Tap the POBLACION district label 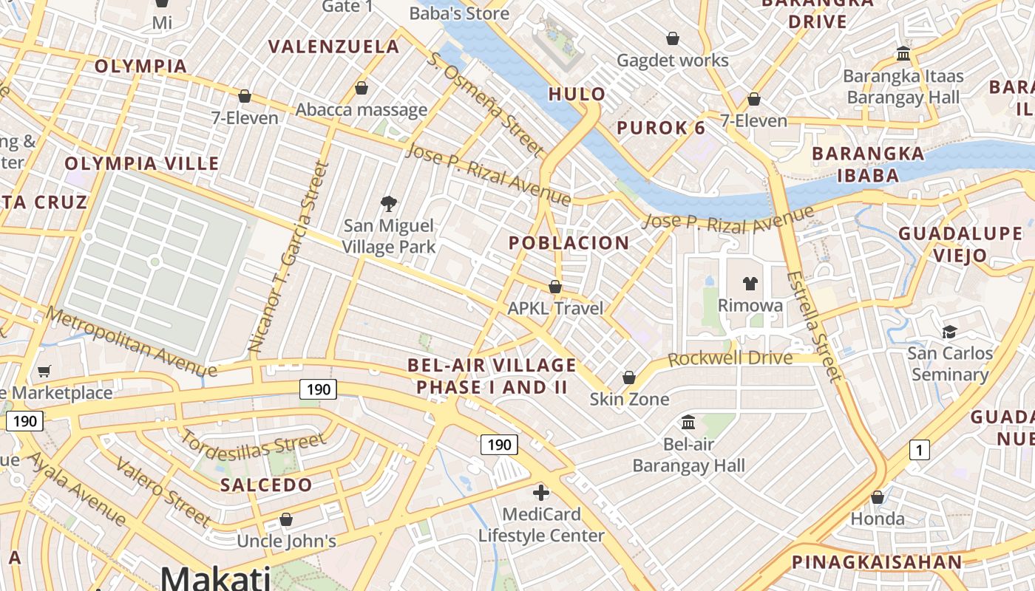click(x=569, y=242)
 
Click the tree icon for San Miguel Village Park click(x=389, y=204)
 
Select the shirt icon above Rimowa click(x=750, y=283)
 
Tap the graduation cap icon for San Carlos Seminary click(x=949, y=332)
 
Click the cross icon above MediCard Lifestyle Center click(x=541, y=492)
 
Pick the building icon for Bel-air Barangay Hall click(x=688, y=422)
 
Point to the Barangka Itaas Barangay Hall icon click(x=903, y=53)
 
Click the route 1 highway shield click(x=919, y=449)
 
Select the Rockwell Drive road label click(x=730, y=359)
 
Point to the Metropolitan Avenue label click(x=131, y=341)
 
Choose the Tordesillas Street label click(x=253, y=446)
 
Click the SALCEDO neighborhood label click(x=266, y=485)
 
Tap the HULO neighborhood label click(x=577, y=94)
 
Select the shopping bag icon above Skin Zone click(x=628, y=378)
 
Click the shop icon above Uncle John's click(x=286, y=519)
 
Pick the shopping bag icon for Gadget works click(x=673, y=38)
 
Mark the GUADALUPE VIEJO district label click(x=960, y=245)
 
